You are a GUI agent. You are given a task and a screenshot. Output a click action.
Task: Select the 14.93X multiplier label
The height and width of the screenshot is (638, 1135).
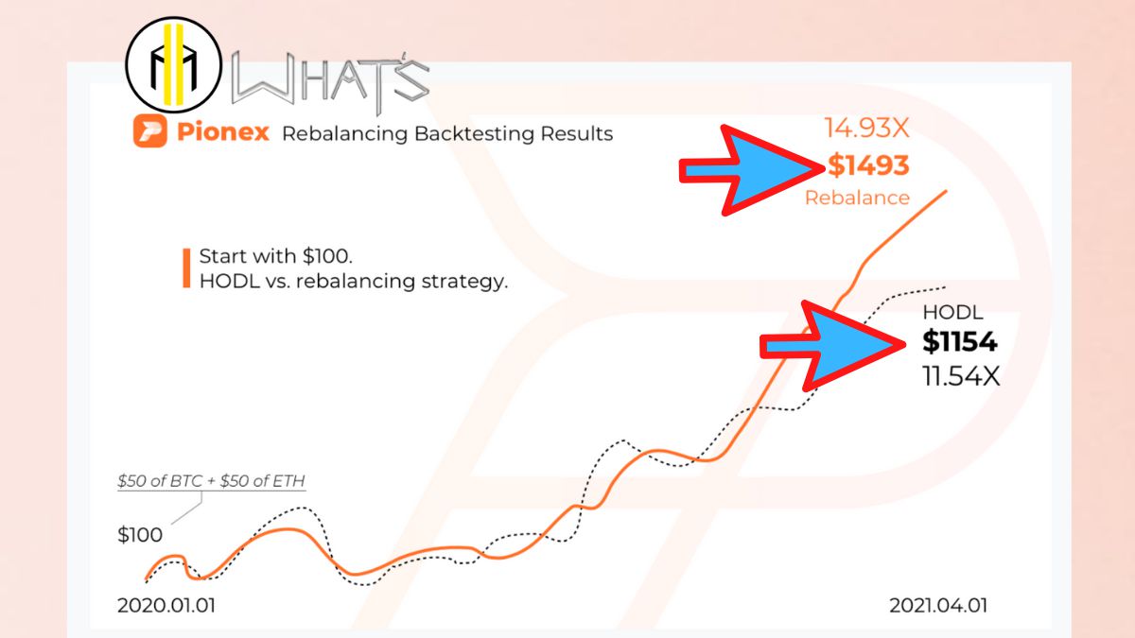tap(866, 129)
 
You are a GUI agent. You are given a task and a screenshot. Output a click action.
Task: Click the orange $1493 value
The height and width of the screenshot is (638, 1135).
tap(867, 166)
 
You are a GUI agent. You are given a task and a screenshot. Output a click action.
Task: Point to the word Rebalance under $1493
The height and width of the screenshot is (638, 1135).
tap(857, 198)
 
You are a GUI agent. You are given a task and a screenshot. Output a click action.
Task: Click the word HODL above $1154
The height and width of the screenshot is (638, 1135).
tap(952, 313)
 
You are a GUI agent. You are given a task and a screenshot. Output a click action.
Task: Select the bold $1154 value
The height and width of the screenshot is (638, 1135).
tap(960, 342)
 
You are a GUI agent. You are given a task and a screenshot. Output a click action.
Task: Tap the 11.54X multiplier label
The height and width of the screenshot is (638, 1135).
tap(960, 375)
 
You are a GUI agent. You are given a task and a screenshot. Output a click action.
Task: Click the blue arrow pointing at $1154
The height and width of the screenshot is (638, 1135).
tap(832, 347)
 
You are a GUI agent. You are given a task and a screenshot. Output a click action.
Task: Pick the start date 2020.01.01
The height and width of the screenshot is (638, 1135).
tap(166, 606)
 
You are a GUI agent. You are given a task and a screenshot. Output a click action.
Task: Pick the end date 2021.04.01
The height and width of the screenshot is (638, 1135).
tap(938, 606)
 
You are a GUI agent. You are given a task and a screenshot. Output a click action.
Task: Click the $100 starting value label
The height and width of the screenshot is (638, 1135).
tap(140, 535)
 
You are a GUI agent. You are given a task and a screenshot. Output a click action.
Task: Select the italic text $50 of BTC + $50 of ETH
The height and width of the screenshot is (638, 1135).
tap(211, 481)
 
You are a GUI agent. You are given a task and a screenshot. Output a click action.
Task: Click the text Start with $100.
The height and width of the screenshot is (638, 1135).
tap(274, 257)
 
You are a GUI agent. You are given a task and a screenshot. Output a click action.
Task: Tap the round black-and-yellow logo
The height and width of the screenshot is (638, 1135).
tap(173, 63)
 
